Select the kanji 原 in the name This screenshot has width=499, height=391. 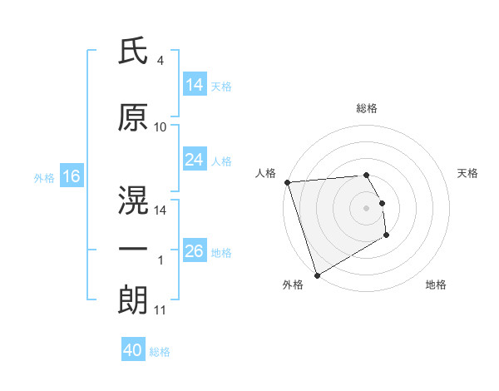[x=133, y=119]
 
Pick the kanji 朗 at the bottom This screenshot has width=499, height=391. [x=133, y=300]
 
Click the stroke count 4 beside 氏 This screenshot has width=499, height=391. [x=160, y=61]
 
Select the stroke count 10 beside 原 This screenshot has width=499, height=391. [x=161, y=127]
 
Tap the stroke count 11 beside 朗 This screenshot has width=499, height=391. [x=160, y=310]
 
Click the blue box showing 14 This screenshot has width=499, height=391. [x=195, y=85]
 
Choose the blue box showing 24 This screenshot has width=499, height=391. [x=195, y=160]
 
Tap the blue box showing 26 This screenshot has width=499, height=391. [x=195, y=251]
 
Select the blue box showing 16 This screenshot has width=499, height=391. [x=71, y=176]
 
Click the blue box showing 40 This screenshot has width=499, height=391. [x=133, y=350]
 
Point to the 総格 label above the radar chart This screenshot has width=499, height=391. [x=366, y=108]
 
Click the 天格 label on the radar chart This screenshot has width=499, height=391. [x=468, y=173]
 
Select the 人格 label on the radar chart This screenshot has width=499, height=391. [x=265, y=173]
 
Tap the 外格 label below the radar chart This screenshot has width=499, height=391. [x=293, y=285]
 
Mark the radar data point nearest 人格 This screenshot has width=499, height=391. [x=287, y=182]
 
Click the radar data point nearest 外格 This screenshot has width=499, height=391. [x=317, y=275]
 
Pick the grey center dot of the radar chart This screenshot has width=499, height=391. [x=366, y=207]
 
